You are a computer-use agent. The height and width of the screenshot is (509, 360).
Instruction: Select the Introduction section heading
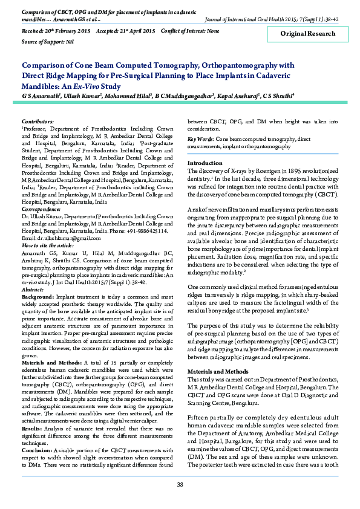coord(205,163)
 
